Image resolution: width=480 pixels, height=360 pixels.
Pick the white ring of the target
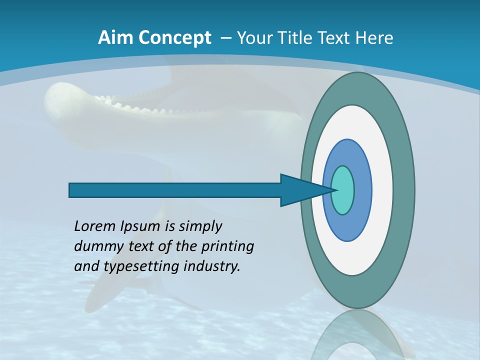coord(382,190)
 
